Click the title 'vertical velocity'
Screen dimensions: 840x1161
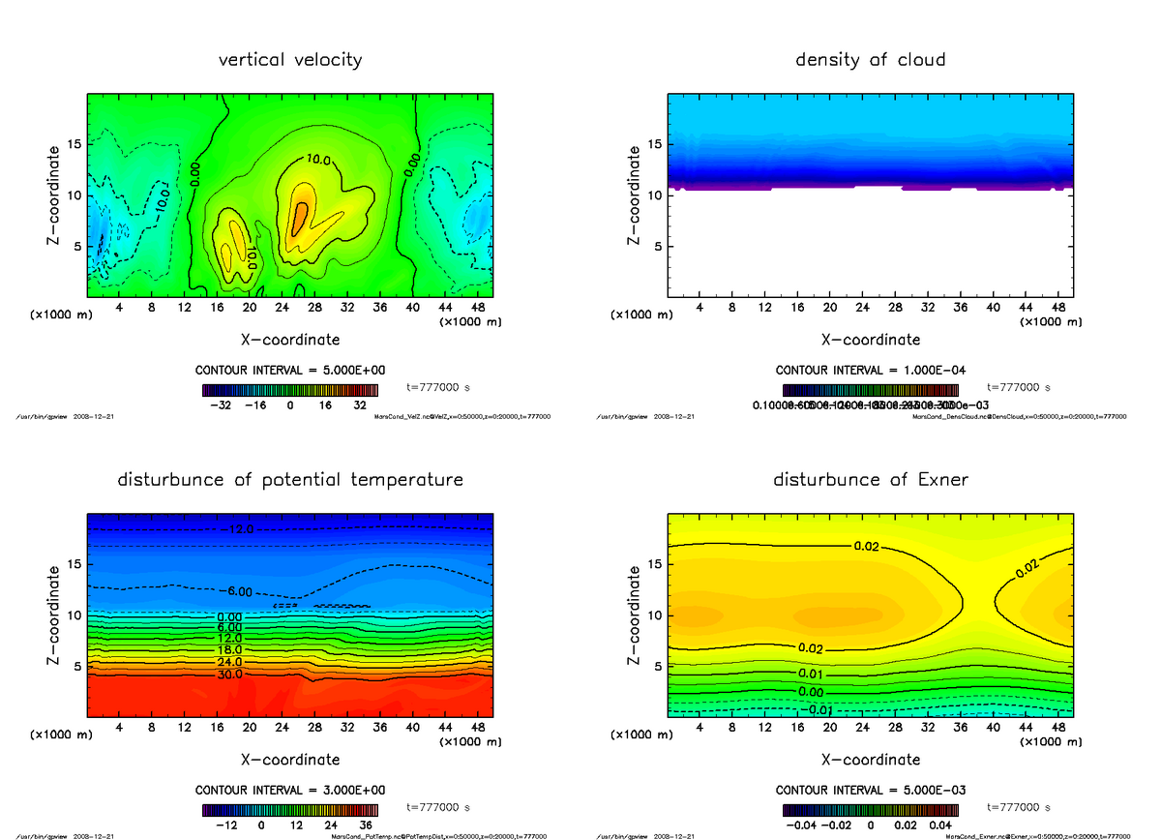pyautogui.click(x=290, y=60)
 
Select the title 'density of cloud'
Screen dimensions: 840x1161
pyautogui.click(x=870, y=60)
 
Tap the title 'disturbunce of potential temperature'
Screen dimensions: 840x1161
pyautogui.click(x=290, y=480)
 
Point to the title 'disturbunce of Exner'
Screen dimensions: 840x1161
pyautogui.click(x=870, y=480)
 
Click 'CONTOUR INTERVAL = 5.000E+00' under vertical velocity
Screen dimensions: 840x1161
pyautogui.click(x=290, y=371)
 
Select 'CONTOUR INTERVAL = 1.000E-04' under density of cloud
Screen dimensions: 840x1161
pyautogui.click(x=870, y=371)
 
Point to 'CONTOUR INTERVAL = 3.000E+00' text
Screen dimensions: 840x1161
pyautogui.click(x=290, y=790)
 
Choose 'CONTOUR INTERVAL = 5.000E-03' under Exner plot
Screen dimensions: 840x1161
pyautogui.click(x=870, y=790)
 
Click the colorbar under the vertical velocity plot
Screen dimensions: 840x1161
pyautogui.click(x=290, y=391)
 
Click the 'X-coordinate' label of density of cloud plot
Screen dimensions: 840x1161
pyautogui.click(x=870, y=340)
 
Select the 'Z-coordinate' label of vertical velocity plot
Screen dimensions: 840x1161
pyautogui.click(x=56, y=194)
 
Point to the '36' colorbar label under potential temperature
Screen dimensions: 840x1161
pyautogui.click(x=367, y=825)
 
